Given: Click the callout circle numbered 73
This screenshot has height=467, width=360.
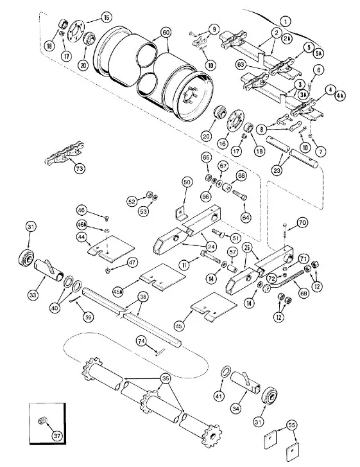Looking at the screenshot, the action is coord(80,168).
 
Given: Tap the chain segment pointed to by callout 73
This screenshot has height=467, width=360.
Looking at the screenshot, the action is coord(65,154).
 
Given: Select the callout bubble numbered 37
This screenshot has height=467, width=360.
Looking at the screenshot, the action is coord(57,436).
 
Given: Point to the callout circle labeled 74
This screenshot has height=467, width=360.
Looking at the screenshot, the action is coord(142,341).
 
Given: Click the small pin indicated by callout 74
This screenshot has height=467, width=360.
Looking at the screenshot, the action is coord(160,352).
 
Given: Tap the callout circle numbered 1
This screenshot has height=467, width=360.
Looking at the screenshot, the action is coord(286,21).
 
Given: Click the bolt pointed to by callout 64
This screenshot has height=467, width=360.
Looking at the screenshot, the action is coord(240,195).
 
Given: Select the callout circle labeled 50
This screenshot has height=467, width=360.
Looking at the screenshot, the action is coord(187,182).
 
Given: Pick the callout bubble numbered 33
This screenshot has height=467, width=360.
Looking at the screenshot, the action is coord(33,295).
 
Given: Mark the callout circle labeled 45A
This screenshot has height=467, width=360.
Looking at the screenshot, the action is coord(118,292).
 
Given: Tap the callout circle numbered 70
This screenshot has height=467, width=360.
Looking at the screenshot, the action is coord(302,222).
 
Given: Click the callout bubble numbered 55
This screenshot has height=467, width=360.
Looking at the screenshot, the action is coord(292,425).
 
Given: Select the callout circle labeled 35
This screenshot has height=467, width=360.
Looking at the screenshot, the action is coord(166,378).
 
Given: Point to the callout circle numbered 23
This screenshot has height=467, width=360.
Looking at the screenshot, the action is coord(277,171).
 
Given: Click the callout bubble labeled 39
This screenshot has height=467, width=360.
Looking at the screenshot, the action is coord(88,317).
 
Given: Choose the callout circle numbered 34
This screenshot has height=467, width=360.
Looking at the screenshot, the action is coord(236,409).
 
